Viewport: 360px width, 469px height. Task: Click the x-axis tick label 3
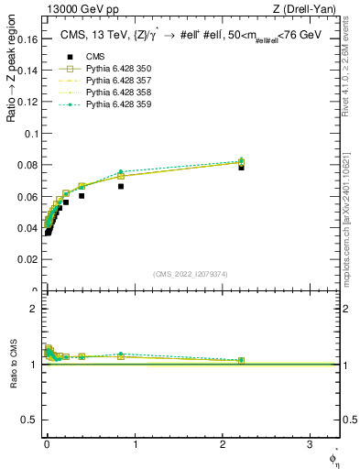coord(310,443)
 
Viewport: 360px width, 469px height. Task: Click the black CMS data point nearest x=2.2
coord(241,168)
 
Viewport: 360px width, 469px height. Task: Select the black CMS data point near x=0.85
coord(121,186)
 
